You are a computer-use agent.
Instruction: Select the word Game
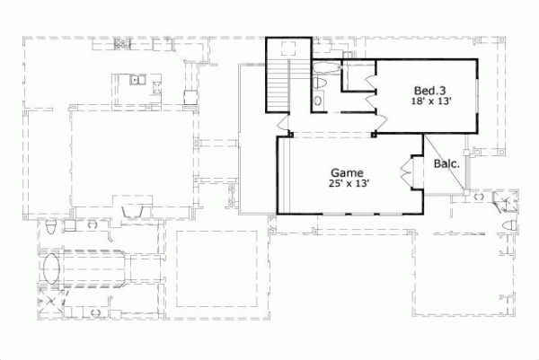(346, 172)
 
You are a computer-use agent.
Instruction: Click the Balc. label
(446, 164)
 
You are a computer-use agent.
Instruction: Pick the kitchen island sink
(136, 81)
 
